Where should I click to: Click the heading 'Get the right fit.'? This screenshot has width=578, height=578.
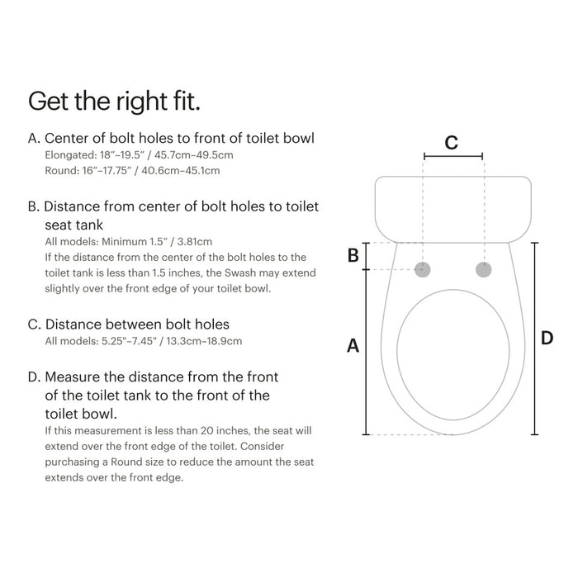pos(115,102)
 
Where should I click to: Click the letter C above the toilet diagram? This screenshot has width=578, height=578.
pos(451,142)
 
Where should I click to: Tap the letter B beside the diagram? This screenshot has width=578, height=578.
pos(353,255)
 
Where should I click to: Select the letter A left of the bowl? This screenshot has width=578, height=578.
pos(353,346)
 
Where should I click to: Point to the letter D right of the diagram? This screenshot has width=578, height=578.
pos(547,338)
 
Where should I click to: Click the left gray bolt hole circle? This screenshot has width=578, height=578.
pos(424,269)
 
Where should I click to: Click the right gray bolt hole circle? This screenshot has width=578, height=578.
pos(483,269)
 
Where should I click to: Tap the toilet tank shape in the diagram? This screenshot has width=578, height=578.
pos(452,206)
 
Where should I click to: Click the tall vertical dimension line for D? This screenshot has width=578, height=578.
pos(534,339)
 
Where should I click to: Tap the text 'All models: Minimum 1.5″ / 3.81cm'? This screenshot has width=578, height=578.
pos(129,242)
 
